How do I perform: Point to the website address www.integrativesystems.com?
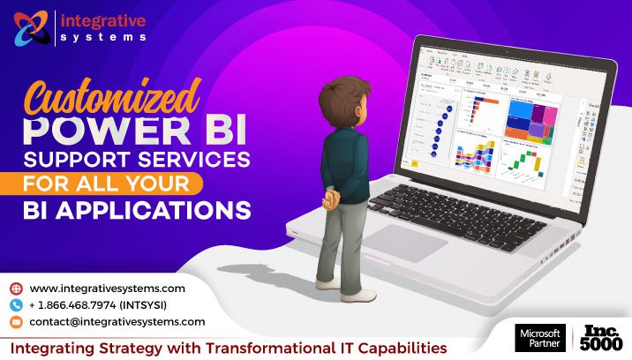[x=107, y=289]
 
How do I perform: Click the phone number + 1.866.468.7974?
[x=97, y=305]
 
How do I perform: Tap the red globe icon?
[x=16, y=289]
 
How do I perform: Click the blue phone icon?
[x=16, y=305]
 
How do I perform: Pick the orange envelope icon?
[x=16, y=322]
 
